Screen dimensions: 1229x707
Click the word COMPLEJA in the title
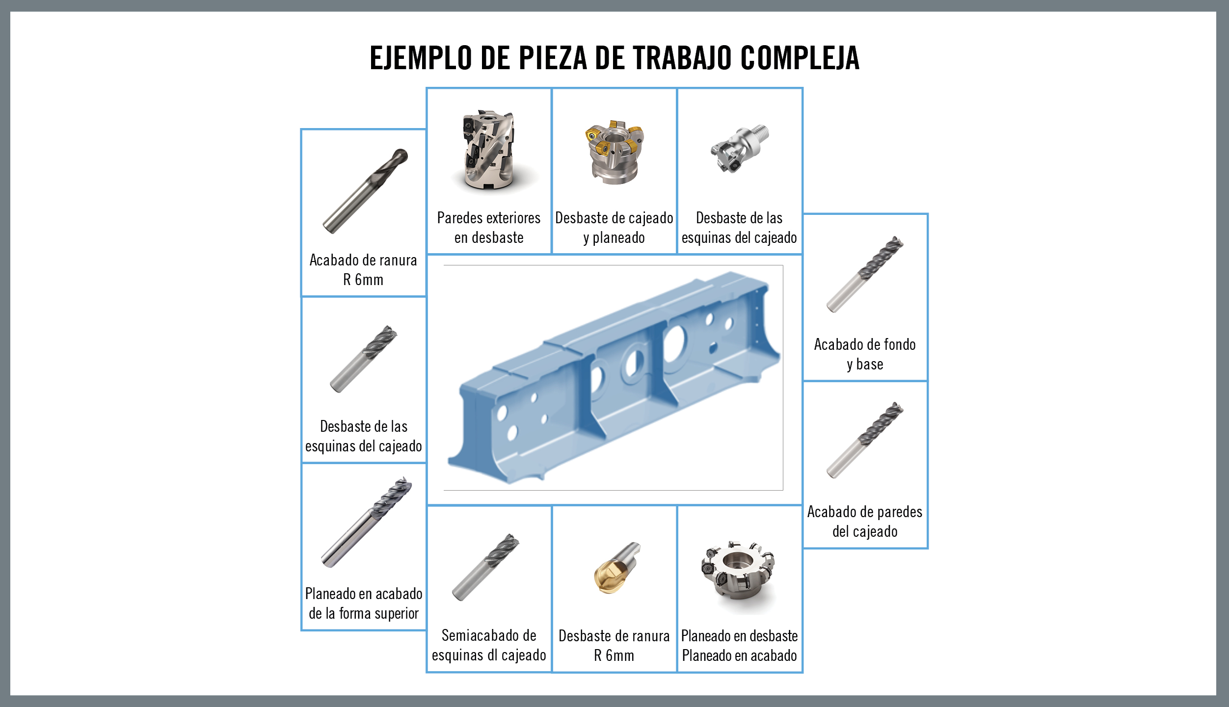pos(800,58)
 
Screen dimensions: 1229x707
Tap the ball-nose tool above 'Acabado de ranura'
pos(365,191)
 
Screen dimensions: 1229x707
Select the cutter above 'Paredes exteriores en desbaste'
pos(489,150)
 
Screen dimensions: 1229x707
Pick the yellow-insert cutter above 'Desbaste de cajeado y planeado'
pos(614,152)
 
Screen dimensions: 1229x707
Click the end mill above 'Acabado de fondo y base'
pos(865,274)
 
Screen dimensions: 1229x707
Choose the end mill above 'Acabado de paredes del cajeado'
pos(865,440)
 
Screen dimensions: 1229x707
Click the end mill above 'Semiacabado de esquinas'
pos(485,568)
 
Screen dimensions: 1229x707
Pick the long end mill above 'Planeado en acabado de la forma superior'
pos(366,522)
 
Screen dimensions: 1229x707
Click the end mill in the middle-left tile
pos(363,359)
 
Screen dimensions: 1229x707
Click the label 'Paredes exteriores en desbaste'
pos(489,228)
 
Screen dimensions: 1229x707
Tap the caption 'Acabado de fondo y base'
pos(865,354)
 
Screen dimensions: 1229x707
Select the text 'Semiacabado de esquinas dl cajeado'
pos(489,645)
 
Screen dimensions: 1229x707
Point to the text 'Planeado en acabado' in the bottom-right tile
pos(739,655)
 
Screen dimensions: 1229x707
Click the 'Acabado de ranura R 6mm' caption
pos(363,270)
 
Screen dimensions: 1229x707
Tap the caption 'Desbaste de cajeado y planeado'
pos(614,228)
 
